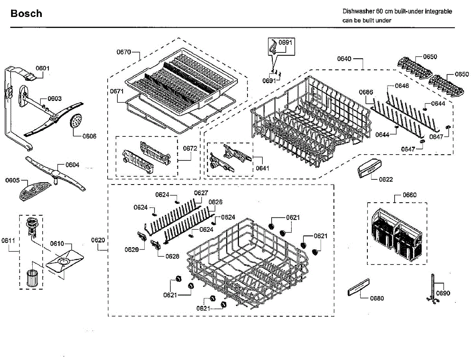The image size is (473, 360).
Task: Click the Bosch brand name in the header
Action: [x=26, y=14]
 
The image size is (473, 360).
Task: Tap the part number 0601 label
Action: [x=43, y=68]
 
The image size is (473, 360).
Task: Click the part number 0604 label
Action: [x=72, y=165]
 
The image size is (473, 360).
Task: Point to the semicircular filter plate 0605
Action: [x=34, y=190]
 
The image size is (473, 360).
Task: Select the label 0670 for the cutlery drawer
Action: [x=123, y=52]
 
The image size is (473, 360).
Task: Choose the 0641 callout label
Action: [x=262, y=168]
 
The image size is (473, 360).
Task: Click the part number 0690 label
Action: [x=443, y=293]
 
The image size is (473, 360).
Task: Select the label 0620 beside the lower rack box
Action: [x=99, y=240]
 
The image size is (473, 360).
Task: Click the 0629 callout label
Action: [x=132, y=249]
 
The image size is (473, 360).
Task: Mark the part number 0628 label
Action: [x=172, y=256]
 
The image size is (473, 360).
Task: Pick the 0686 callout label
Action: [x=366, y=92]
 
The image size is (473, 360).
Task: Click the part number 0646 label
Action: [x=402, y=86]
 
